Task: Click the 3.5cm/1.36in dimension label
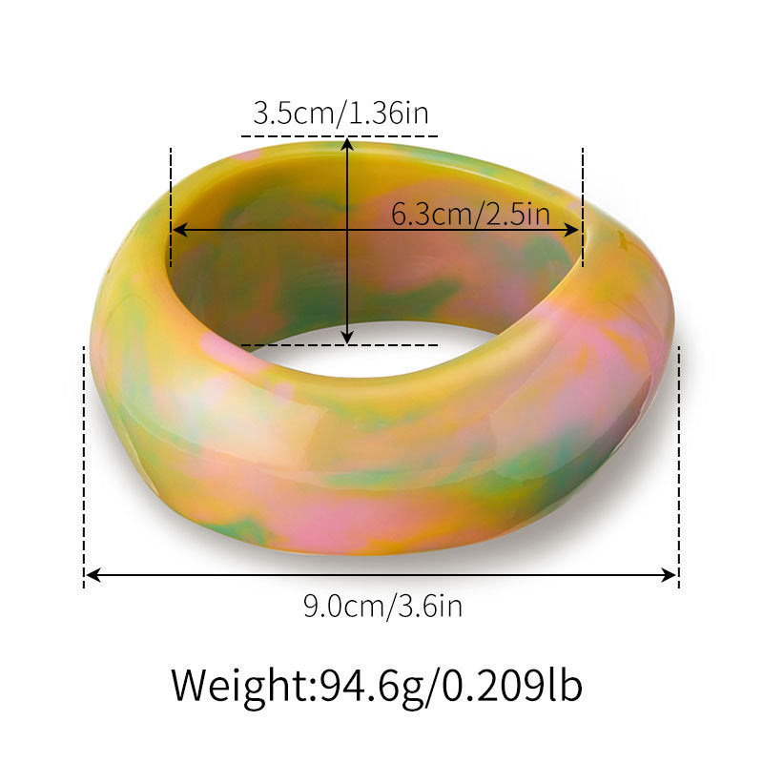coord(340,114)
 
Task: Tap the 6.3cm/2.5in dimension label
coord(470,213)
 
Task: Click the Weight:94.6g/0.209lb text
coord(377,686)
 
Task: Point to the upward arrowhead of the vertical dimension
coord(347,143)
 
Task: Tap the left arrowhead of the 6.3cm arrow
coord(177,229)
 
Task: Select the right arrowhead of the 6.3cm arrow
coord(573,229)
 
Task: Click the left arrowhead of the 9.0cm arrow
coord(93,575)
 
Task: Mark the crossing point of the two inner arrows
coord(347,229)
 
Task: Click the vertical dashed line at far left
coord(85,467)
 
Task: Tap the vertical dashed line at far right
coord(678,467)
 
